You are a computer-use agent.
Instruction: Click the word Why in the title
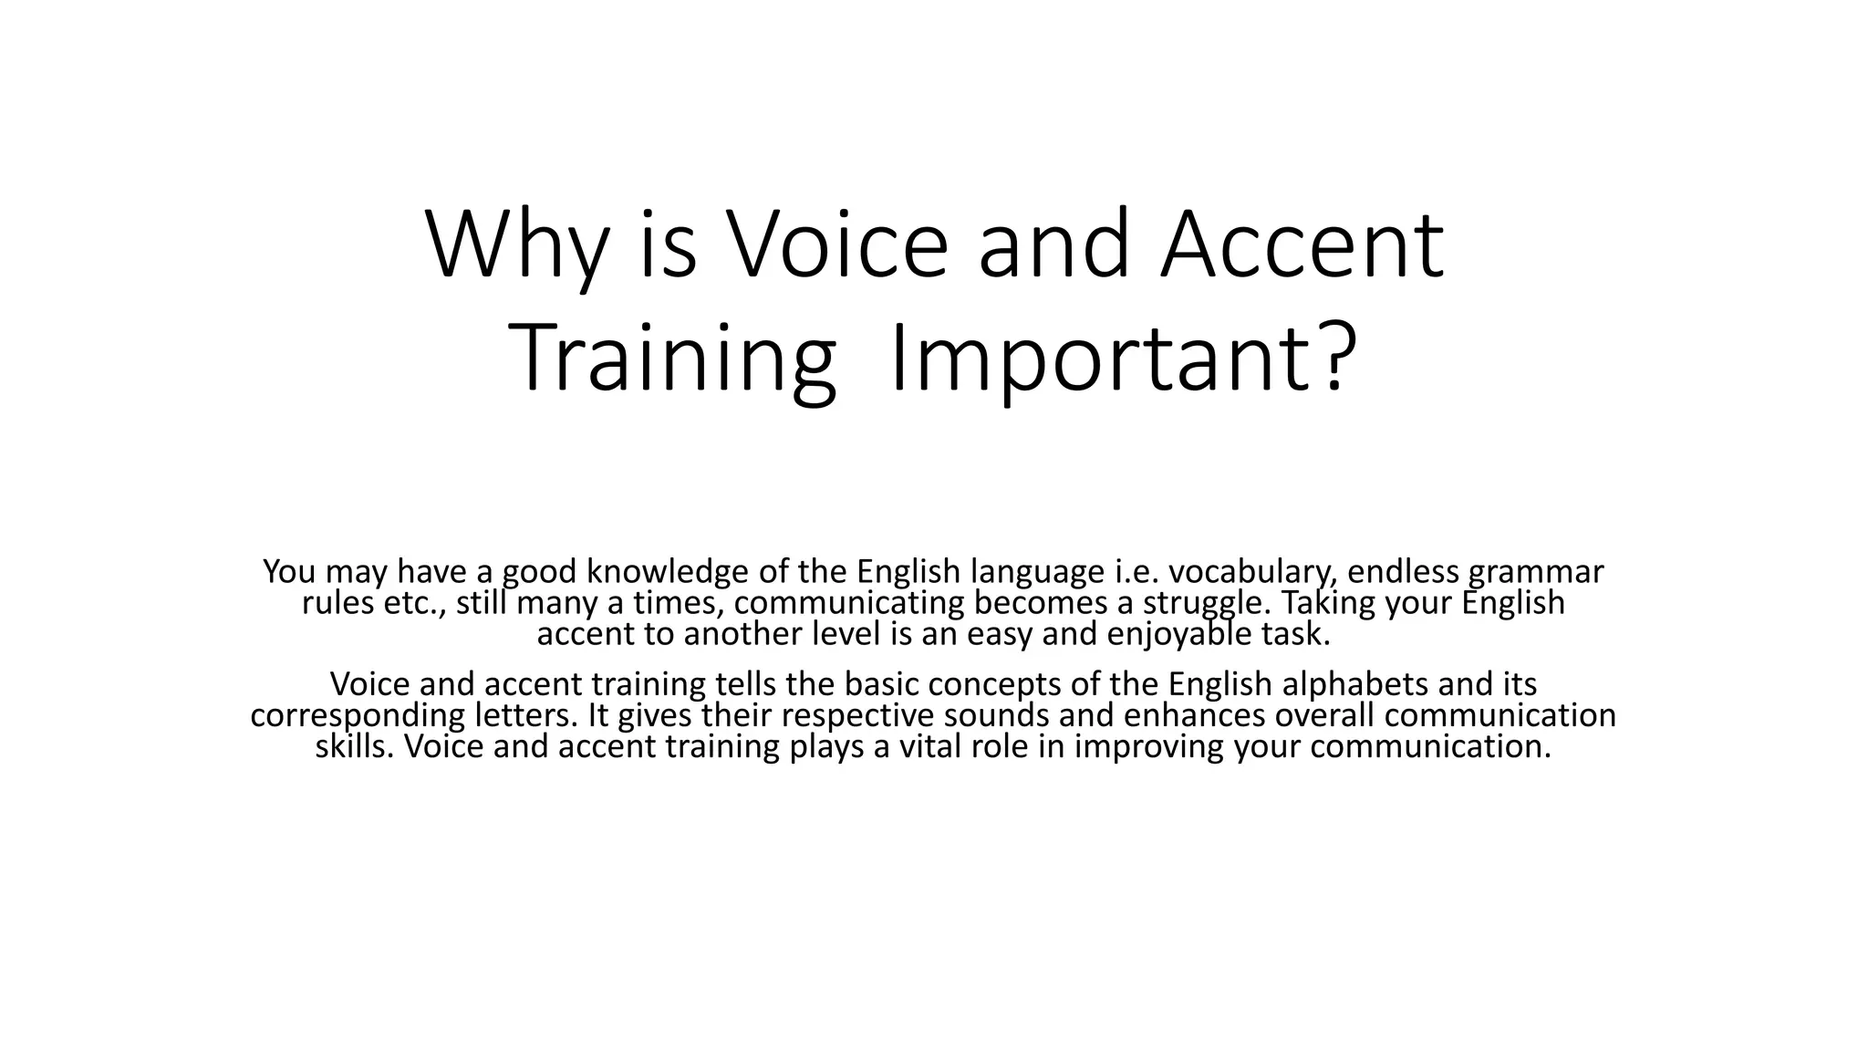click(516, 246)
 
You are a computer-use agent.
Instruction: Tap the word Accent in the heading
click(1302, 246)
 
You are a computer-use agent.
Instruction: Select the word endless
click(1404, 572)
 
